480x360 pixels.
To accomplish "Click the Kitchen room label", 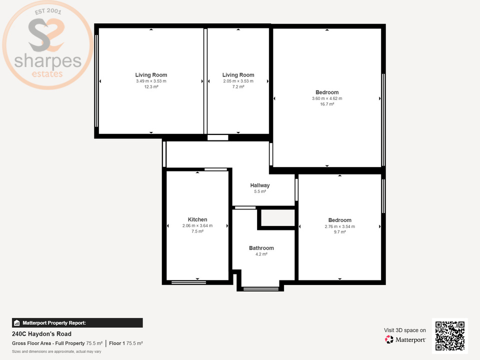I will tap(197, 219).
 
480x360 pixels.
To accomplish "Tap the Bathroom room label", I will tap(261, 248).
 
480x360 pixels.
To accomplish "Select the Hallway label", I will tap(260, 185).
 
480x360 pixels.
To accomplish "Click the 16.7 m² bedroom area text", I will tap(327, 104).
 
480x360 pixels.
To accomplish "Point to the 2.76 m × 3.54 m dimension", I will tap(339, 226).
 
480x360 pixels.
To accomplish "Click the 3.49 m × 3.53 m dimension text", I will tap(151, 81).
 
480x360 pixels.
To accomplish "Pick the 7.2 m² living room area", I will tap(238, 87).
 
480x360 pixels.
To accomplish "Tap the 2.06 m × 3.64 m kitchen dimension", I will tap(197, 225).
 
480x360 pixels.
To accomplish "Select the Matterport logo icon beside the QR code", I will tap(389, 339).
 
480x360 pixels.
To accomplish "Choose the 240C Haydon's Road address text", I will tap(41, 334).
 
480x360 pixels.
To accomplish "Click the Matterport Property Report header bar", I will tap(77, 323).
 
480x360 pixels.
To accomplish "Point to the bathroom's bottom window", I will tap(260, 288).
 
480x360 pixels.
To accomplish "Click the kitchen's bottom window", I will tap(188, 282).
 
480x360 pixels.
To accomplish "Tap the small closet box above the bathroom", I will tap(276, 218).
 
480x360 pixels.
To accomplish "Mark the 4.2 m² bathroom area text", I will tap(261, 254).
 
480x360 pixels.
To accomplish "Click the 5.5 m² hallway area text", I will tap(260, 191).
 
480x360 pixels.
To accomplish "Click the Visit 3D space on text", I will tap(404, 330).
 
